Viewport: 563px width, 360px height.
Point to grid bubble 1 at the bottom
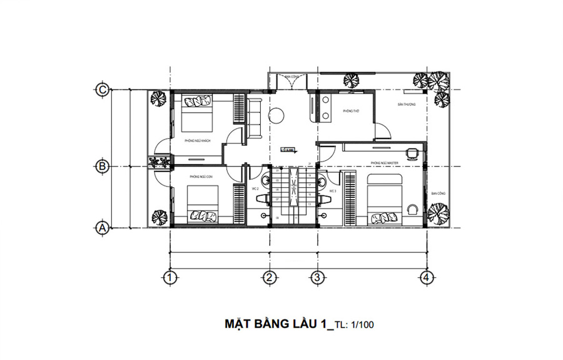pyautogui.click(x=168, y=276)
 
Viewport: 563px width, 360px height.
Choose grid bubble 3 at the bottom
pyautogui.click(x=317, y=276)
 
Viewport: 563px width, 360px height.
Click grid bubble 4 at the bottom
pyautogui.click(x=426, y=276)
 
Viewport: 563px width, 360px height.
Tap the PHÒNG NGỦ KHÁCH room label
pyautogui.click(x=197, y=141)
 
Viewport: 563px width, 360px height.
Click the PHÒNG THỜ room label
pyautogui.click(x=350, y=111)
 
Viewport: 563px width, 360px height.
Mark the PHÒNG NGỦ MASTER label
pyautogui.click(x=385, y=162)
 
